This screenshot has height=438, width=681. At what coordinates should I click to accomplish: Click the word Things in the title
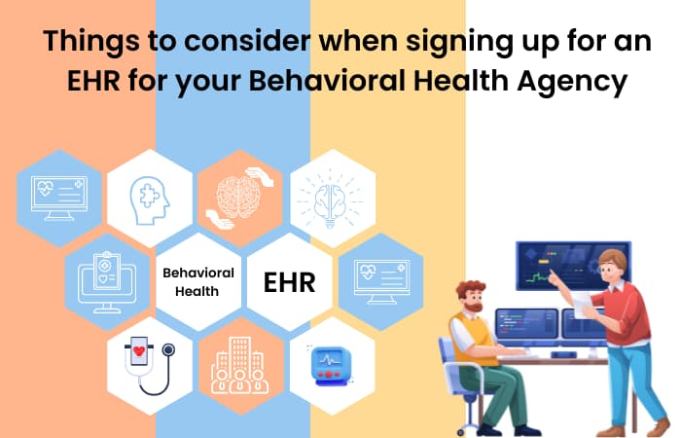(91, 42)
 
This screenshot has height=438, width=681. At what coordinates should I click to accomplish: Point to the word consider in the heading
(247, 41)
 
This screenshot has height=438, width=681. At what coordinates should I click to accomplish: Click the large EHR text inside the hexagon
(289, 282)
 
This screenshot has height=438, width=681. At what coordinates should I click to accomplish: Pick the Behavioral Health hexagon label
(198, 281)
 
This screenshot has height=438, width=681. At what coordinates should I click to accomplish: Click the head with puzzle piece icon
(150, 201)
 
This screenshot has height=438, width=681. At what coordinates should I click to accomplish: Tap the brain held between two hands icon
(239, 199)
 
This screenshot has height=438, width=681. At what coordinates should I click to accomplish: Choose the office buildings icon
(239, 366)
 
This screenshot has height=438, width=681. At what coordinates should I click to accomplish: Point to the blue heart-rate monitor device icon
(330, 365)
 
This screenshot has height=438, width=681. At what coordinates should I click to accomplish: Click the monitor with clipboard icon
(107, 282)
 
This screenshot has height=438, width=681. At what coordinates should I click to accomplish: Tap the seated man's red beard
(474, 307)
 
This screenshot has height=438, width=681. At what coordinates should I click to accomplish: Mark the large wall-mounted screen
(573, 266)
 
